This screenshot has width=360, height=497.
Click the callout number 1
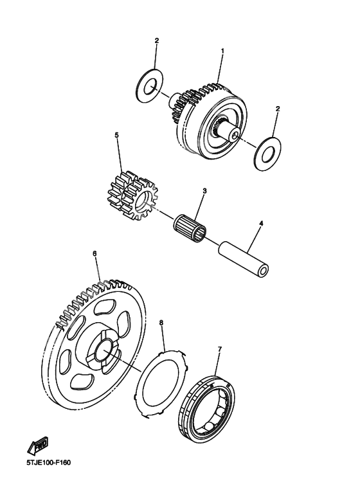tap(222, 50)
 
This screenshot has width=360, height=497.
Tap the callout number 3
tap(204, 191)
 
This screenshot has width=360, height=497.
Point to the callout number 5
tap(116, 136)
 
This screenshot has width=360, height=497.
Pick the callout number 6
tap(94, 254)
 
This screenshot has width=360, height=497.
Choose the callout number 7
tap(219, 349)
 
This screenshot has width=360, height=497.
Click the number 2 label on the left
tap(156, 41)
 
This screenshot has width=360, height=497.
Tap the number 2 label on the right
tap(277, 109)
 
